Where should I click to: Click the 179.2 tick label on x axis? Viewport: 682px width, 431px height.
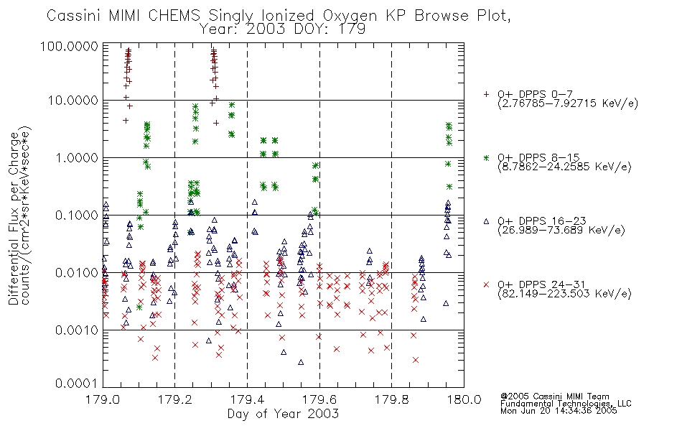[x=174, y=399]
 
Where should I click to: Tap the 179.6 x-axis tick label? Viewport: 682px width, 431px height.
[x=319, y=399]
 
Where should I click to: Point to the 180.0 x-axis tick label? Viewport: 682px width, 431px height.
[x=464, y=399]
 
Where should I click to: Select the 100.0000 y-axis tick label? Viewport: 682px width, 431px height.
[x=69, y=46]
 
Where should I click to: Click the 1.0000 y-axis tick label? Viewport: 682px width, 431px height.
[x=77, y=157]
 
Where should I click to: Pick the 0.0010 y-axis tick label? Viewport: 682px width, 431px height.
[x=77, y=330]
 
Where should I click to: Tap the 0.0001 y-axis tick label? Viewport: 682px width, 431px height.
[x=77, y=384]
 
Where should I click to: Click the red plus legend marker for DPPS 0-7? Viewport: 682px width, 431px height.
[x=486, y=94]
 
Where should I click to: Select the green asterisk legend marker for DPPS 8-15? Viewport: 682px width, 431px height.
[x=486, y=157]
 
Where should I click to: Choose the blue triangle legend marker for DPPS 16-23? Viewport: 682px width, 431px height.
[x=486, y=221]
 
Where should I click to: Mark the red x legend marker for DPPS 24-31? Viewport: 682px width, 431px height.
[x=486, y=284]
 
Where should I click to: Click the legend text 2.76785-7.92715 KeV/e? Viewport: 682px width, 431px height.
[x=568, y=103]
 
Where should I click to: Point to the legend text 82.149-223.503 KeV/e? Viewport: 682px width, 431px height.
[x=564, y=294]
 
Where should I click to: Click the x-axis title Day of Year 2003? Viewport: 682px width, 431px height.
[x=283, y=414]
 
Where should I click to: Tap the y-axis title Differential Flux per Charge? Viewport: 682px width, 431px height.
[x=14, y=219]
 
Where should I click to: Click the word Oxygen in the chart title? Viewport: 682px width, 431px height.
[x=350, y=16]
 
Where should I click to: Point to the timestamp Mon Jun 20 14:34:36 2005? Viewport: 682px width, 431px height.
[x=559, y=411]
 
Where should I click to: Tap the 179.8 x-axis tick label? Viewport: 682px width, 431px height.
[x=391, y=399]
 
